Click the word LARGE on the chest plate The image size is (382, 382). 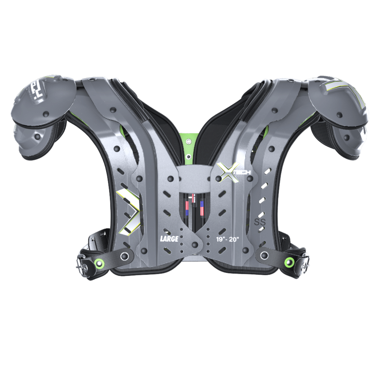169,240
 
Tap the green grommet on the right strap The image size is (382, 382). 290,262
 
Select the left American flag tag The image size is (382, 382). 188,206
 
